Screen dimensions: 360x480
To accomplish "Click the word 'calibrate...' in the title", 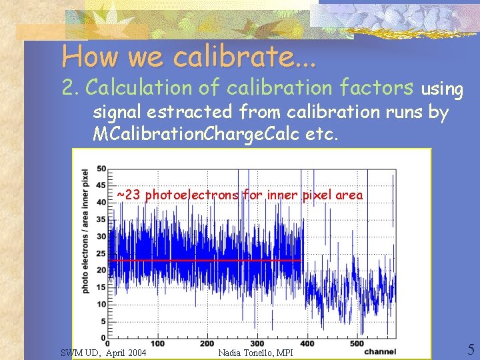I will (x=244, y=57).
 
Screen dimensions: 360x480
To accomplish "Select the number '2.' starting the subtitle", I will (x=71, y=87).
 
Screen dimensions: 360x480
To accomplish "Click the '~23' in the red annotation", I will (x=129, y=195).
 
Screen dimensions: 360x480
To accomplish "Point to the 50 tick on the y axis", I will (x=101, y=168).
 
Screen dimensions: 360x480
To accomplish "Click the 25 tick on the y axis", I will (x=101, y=253).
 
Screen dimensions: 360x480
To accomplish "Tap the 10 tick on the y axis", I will (x=101, y=304).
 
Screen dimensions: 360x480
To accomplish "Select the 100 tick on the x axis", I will (x=157, y=344).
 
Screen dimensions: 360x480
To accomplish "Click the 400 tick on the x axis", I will (x=307, y=344).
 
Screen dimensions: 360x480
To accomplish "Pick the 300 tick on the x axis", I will (x=257, y=344).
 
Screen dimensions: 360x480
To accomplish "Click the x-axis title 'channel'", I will (x=381, y=351).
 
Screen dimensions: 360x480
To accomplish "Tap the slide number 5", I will (x=470, y=350).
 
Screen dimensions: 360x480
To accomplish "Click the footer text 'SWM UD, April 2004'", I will (x=103, y=352).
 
